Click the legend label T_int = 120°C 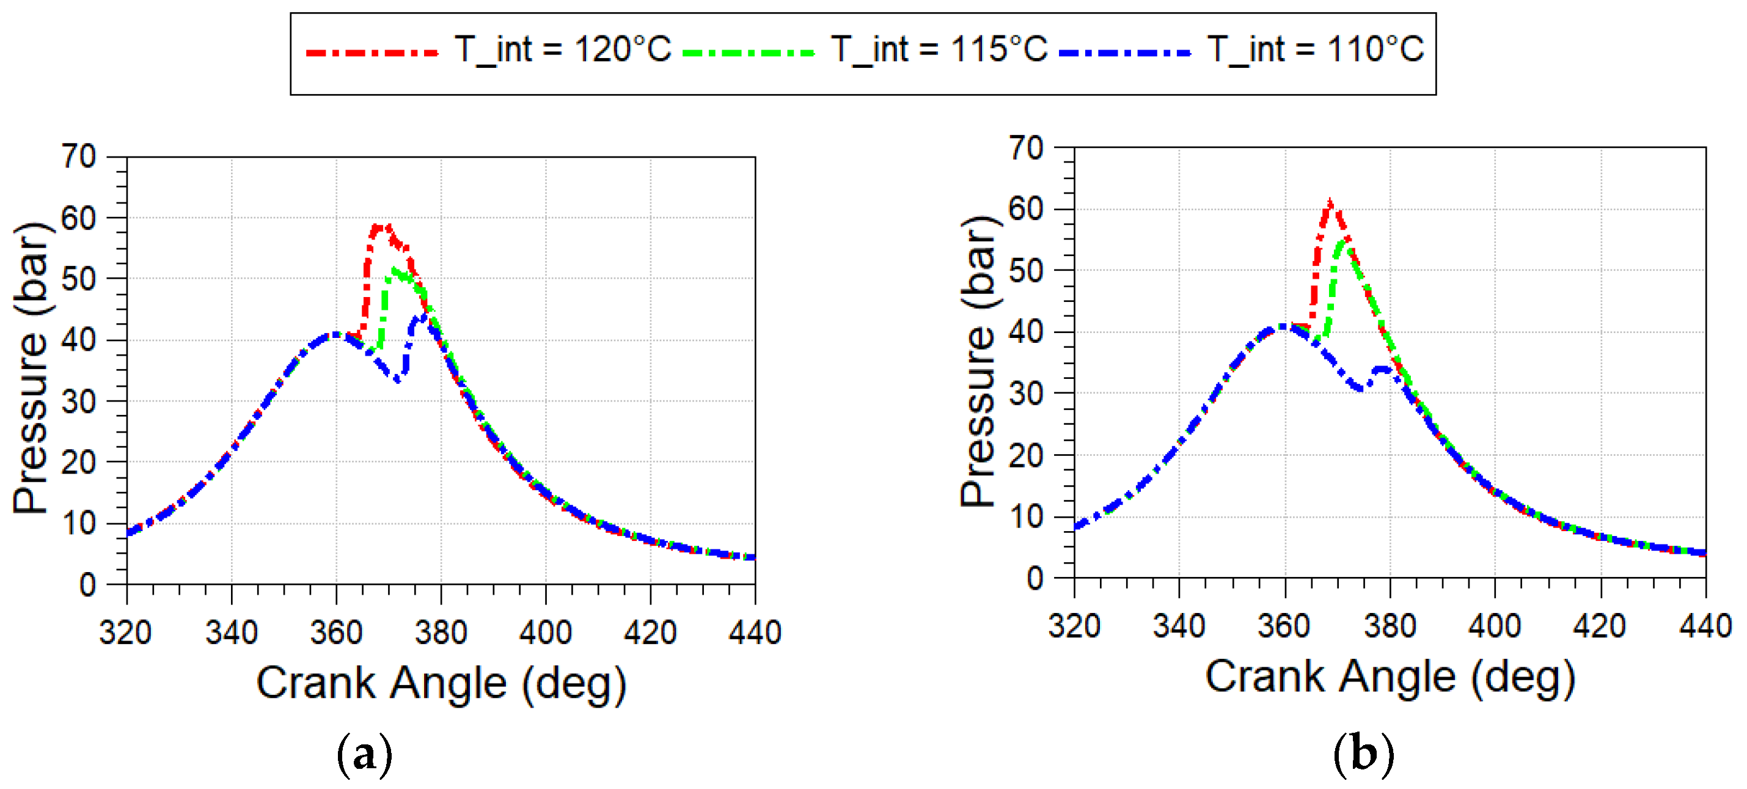point(562,49)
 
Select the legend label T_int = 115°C point(939,49)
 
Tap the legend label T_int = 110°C point(1315,49)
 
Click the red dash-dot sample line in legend point(372,52)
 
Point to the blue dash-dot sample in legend point(1124,52)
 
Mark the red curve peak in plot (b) point(1330,202)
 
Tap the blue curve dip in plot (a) point(398,380)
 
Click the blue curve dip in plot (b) point(1358,389)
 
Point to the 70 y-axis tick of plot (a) point(79,156)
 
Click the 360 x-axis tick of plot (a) point(336,633)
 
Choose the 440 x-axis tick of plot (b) point(1705,625)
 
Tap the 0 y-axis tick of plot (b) point(1035,579)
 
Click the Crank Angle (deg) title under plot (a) point(441,683)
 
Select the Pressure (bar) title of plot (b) point(978,361)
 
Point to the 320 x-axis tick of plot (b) point(1074,625)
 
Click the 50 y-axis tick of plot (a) point(79,279)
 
